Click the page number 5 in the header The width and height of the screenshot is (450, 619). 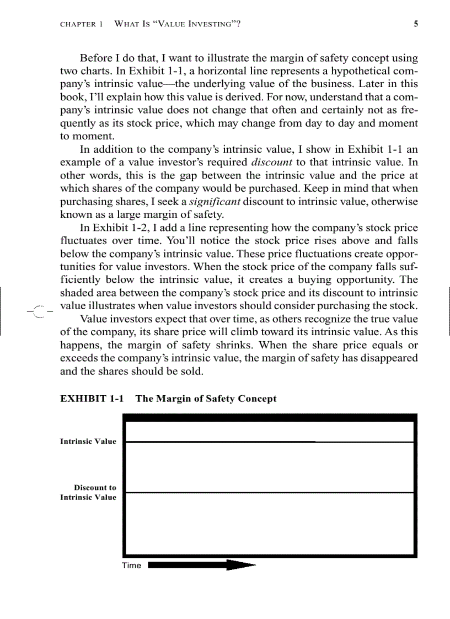point(415,24)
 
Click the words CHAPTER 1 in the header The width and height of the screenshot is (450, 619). point(81,24)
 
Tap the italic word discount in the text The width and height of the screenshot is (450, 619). point(271,163)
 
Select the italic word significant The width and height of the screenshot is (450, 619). point(215,202)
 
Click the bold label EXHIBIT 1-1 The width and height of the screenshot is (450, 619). point(92,399)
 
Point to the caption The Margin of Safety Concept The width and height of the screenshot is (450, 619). point(206,399)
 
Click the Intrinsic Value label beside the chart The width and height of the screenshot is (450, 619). point(88,441)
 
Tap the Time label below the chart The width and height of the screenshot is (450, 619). point(131,566)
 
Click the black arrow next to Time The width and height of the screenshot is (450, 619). point(202,565)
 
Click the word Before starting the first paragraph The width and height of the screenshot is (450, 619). point(97,58)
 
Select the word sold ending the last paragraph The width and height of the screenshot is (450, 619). point(190,372)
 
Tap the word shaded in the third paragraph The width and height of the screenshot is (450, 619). point(76,293)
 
